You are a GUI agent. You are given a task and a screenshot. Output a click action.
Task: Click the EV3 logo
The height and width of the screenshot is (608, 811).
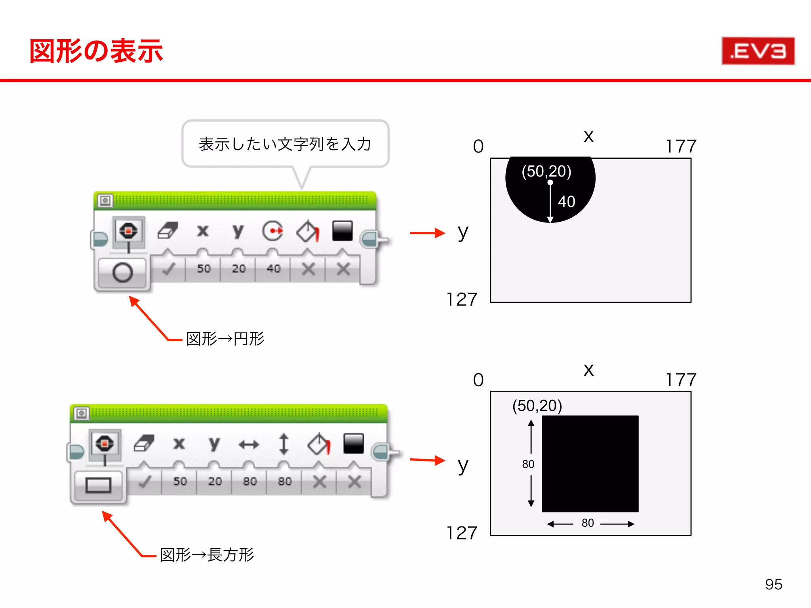click(x=758, y=51)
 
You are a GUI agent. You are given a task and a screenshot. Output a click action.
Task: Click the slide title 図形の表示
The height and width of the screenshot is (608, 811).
click(x=96, y=51)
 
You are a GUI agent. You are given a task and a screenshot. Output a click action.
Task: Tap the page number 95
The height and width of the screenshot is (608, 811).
click(x=773, y=584)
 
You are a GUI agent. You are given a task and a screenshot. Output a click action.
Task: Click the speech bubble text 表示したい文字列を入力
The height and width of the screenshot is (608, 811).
click(x=285, y=144)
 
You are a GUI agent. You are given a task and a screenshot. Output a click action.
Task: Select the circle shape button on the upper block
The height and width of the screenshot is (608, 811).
click(x=122, y=272)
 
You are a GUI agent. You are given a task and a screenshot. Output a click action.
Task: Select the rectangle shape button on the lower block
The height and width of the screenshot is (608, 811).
click(x=99, y=485)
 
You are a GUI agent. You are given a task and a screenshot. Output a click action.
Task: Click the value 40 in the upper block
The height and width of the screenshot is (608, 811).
click(x=273, y=269)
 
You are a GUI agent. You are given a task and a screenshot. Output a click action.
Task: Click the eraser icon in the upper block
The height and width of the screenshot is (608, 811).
click(x=168, y=230)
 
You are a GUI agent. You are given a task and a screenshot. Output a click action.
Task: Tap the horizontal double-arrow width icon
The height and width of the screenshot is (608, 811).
click(x=249, y=445)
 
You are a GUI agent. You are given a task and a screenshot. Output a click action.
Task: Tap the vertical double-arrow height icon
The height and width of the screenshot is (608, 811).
click(x=284, y=444)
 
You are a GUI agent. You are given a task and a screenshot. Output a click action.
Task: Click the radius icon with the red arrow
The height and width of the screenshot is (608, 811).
click(x=273, y=231)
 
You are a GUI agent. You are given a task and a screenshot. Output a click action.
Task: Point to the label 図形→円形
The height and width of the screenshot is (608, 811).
click(x=225, y=339)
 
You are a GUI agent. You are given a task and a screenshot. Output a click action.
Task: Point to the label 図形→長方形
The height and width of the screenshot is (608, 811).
click(x=207, y=555)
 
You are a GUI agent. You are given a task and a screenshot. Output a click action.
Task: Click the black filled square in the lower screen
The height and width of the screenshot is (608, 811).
click(x=590, y=464)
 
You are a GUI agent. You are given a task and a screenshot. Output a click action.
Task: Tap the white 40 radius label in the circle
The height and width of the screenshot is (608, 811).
click(x=566, y=202)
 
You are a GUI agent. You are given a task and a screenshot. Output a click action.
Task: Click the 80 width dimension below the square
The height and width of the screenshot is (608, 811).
click(x=588, y=523)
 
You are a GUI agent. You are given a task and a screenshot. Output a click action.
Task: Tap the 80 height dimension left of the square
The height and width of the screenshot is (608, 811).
click(x=528, y=464)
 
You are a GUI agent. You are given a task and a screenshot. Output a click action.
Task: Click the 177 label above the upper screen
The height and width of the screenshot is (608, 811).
click(x=681, y=146)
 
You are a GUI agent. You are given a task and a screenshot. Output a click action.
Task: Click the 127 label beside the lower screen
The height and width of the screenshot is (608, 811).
click(x=462, y=533)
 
